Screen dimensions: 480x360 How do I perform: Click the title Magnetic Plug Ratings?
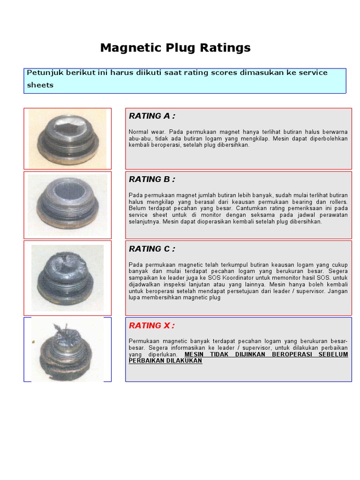(175, 48)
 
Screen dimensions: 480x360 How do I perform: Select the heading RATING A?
(152, 116)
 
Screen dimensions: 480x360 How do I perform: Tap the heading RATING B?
(152, 180)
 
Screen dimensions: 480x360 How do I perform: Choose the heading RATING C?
(152, 249)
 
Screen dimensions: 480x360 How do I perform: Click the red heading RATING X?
(151, 326)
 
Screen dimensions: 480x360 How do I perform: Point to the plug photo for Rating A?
(68, 139)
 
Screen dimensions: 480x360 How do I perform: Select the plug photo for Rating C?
(67, 277)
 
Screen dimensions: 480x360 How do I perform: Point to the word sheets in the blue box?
(40, 85)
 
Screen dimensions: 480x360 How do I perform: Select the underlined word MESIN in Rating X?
(194, 354)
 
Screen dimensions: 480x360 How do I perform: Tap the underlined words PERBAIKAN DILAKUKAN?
(165, 361)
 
